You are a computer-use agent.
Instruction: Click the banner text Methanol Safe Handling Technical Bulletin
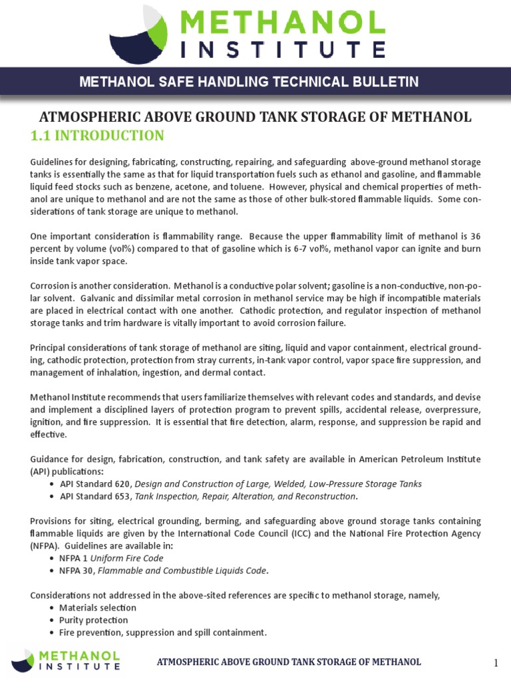click(x=249, y=82)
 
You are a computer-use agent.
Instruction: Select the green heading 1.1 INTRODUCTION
click(x=97, y=136)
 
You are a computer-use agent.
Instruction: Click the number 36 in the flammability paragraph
click(x=474, y=236)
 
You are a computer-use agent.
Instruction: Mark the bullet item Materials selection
click(x=98, y=607)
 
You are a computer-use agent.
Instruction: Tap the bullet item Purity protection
click(x=92, y=620)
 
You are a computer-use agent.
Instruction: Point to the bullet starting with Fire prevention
click(x=162, y=632)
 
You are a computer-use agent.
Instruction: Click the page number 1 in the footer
click(x=496, y=663)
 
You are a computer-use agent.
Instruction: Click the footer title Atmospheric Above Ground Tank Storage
click(x=289, y=662)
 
